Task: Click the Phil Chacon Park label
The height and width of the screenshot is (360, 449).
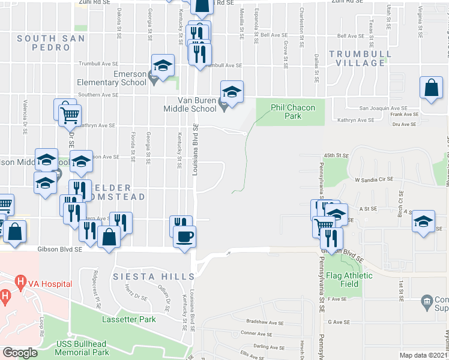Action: tap(286, 112)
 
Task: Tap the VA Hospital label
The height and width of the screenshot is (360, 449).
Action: tap(50, 284)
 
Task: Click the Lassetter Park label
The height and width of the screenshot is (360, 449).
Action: tap(129, 319)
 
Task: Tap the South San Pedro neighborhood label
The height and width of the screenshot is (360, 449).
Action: tap(51, 42)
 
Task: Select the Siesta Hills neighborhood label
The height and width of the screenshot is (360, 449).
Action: tap(154, 277)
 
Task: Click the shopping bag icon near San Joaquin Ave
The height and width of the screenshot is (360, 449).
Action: tap(431, 89)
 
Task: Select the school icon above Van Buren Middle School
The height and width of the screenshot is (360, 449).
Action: tap(232, 92)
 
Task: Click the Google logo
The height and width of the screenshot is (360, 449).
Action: tap(20, 353)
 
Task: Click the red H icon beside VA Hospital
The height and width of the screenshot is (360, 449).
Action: tap(21, 281)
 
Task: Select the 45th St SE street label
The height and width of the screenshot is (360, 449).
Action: tap(336, 155)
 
